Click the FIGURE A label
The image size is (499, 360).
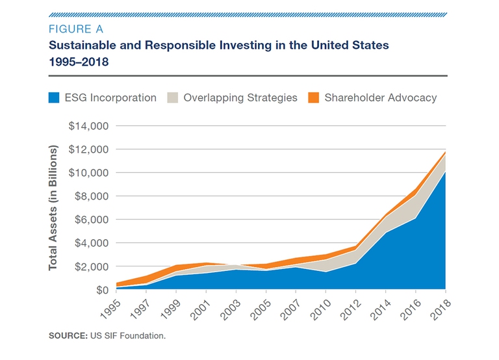pyautogui.click(x=75, y=29)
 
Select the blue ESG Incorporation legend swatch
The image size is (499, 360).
pyautogui.click(x=55, y=98)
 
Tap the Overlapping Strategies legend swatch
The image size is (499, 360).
pyautogui.click(x=172, y=98)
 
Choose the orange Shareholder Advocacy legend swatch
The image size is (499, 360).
pyautogui.click(x=313, y=98)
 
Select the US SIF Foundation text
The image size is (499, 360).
pyautogui.click(x=127, y=335)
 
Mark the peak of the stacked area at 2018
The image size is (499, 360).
pyautogui.click(x=445, y=152)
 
